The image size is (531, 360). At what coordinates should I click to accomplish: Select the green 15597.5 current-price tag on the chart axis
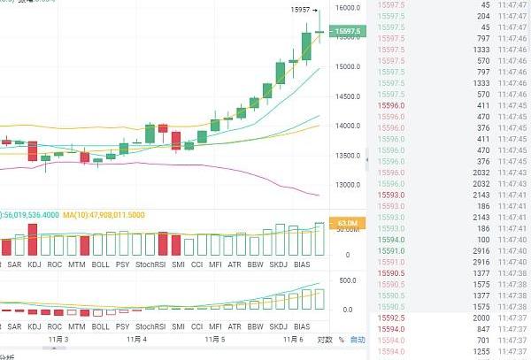pyautogui.click(x=345, y=32)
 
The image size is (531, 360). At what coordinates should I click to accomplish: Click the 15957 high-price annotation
pyautogui.click(x=300, y=10)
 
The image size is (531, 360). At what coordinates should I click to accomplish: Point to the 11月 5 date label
pyautogui.click(x=215, y=339)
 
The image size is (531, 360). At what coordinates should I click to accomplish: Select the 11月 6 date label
pyautogui.click(x=294, y=339)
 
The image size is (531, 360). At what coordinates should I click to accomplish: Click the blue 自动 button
pyautogui.click(x=358, y=340)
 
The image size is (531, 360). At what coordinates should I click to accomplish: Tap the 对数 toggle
pyautogui.click(x=324, y=340)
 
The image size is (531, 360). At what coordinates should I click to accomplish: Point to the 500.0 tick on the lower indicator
pyautogui.click(x=347, y=280)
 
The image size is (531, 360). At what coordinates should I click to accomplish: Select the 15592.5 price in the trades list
pyautogui.click(x=390, y=318)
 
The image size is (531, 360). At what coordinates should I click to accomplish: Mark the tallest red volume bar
pyautogui.click(x=33, y=241)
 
